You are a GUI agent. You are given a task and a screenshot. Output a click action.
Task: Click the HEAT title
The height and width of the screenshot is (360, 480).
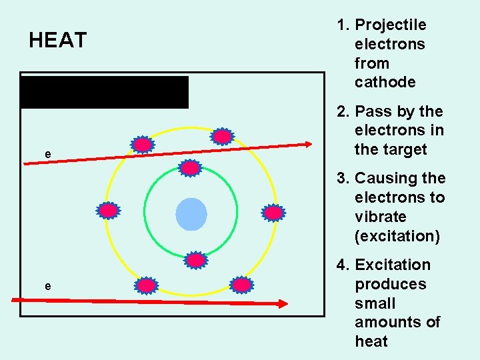pyautogui.click(x=58, y=41)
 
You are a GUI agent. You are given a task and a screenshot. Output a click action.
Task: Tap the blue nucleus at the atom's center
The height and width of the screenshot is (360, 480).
pyautogui.click(x=191, y=214)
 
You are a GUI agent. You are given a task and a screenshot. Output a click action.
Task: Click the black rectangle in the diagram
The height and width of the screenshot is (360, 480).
pyautogui.click(x=105, y=92)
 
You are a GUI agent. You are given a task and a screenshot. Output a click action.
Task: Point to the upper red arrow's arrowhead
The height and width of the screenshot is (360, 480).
pyautogui.click(x=307, y=143)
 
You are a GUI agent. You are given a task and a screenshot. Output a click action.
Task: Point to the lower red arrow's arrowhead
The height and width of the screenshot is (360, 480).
pyautogui.click(x=283, y=303)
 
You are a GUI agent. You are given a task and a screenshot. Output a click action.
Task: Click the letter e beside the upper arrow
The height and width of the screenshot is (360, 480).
pyautogui.click(x=47, y=155)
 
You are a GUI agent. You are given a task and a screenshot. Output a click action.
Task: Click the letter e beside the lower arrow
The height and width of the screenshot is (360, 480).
pyautogui.click(x=47, y=286)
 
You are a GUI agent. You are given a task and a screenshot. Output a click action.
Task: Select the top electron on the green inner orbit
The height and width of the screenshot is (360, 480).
pyautogui.click(x=191, y=168)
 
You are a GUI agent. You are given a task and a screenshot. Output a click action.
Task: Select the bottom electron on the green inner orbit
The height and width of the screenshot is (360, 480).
pyautogui.click(x=195, y=260)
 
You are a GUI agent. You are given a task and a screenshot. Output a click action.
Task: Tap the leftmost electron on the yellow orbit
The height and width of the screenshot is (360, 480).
pyautogui.click(x=108, y=211)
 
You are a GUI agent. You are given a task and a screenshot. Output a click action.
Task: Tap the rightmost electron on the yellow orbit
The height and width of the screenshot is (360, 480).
pyautogui.click(x=273, y=213)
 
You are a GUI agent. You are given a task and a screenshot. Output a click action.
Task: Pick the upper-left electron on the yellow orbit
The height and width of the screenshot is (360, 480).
pyautogui.click(x=142, y=145)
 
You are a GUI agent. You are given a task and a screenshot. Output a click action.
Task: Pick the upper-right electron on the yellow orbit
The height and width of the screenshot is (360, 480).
pyautogui.click(x=222, y=137)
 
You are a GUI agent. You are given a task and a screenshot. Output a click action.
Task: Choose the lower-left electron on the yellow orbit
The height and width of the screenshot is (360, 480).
pyautogui.click(x=146, y=286)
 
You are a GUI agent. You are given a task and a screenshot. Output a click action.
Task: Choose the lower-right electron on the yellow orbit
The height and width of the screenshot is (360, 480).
pyautogui.click(x=241, y=285)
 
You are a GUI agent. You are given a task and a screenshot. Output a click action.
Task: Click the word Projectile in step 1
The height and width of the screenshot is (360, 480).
pyautogui.click(x=391, y=25)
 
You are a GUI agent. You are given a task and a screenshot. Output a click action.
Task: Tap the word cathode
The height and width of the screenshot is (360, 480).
pyautogui.click(x=385, y=83)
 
